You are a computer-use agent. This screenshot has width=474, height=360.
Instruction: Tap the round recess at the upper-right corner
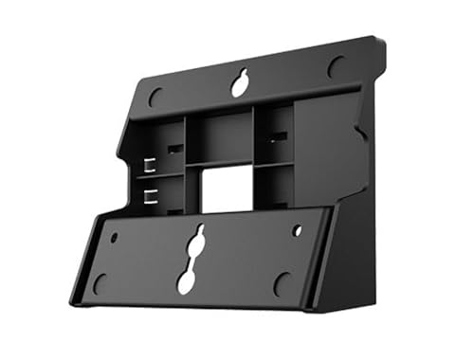coord(335,66)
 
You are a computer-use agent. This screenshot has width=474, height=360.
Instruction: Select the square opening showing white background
coord(226,189)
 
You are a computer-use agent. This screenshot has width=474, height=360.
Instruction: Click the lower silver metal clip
coord(149,196)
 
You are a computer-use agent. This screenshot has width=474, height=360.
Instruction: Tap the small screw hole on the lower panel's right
coord(297,230)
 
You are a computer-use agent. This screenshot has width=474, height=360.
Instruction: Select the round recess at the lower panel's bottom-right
coord(282,281)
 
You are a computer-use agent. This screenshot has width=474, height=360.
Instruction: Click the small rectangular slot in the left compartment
coord(173,150)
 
